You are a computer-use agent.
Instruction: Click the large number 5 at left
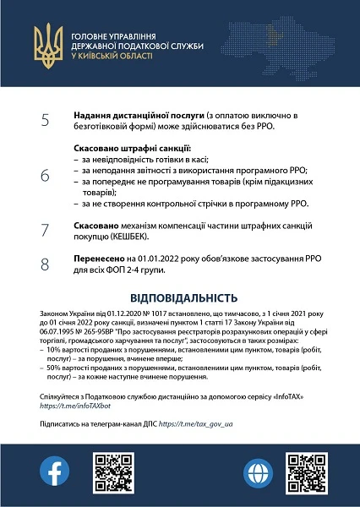point(45,119)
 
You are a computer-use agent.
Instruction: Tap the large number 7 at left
point(45,230)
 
